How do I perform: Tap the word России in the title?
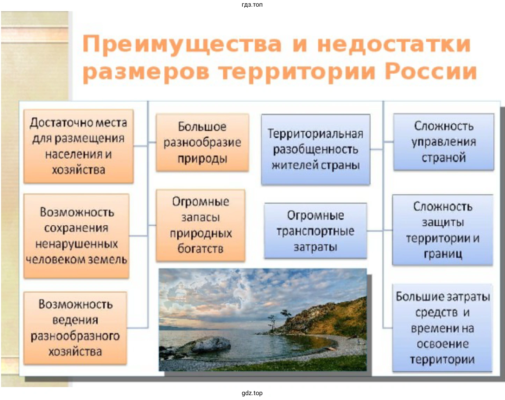tap(431, 72)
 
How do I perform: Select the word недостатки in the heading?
tap(394, 44)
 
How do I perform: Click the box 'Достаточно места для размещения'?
tap(79, 146)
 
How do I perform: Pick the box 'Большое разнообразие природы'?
tap(202, 143)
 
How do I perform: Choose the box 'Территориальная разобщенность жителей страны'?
tap(316, 150)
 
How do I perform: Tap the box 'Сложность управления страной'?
tap(444, 142)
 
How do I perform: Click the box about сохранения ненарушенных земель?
tap(76, 236)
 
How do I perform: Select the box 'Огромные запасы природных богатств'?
tap(201, 225)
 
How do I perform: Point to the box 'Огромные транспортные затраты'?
tap(315, 231)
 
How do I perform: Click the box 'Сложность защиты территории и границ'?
tap(442, 230)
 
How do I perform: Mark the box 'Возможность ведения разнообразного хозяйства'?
tap(75, 328)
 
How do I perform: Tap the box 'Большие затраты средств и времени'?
tap(442, 328)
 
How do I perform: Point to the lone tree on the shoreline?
tap(272, 323)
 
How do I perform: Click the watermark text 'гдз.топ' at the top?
tap(252, 5)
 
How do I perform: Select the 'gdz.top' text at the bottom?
tap(252, 393)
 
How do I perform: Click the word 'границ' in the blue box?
tap(443, 254)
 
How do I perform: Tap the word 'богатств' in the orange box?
tap(200, 249)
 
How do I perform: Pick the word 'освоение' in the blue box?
tap(443, 344)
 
